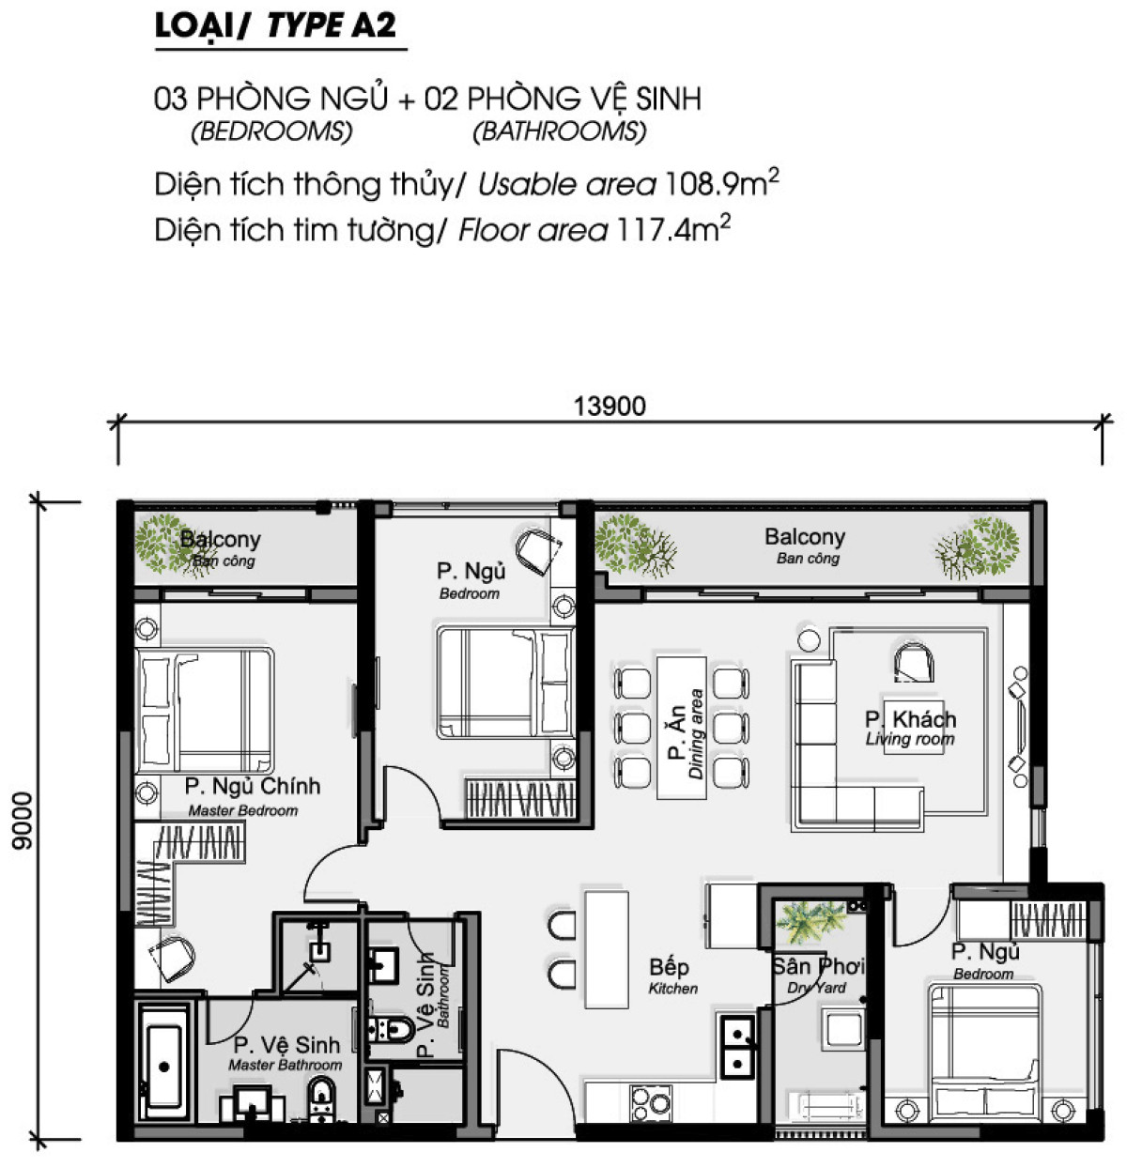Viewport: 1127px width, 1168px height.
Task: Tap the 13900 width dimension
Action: click(x=610, y=407)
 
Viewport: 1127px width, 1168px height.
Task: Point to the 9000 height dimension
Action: click(x=22, y=822)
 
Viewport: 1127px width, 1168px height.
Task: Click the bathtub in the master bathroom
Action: click(x=164, y=1067)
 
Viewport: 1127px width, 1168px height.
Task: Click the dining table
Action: click(x=681, y=727)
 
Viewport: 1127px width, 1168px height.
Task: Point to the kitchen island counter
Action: click(x=606, y=948)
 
